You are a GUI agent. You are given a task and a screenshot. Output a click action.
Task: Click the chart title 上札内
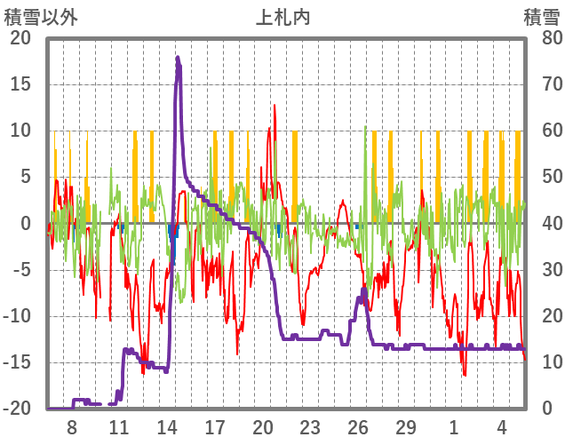click(282, 17)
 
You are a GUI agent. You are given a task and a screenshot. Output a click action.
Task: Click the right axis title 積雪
click(541, 17)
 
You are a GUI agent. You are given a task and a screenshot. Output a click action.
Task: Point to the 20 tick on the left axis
click(20, 38)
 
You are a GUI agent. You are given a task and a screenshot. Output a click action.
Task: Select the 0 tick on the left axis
click(25, 223)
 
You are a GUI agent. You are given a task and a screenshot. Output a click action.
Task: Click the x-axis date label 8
click(71, 426)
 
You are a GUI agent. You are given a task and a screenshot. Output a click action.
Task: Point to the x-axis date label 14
click(167, 426)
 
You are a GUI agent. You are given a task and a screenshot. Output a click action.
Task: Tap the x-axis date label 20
click(262, 426)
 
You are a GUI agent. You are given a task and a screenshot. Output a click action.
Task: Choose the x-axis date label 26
click(358, 426)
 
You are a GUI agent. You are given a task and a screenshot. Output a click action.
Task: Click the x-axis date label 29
click(406, 426)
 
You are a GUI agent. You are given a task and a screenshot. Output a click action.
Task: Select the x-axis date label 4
click(502, 426)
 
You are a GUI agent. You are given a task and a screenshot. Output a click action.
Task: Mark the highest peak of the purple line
click(178, 58)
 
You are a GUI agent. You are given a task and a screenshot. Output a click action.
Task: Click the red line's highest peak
click(275, 105)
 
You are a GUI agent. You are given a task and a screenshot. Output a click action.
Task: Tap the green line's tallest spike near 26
click(365, 127)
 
